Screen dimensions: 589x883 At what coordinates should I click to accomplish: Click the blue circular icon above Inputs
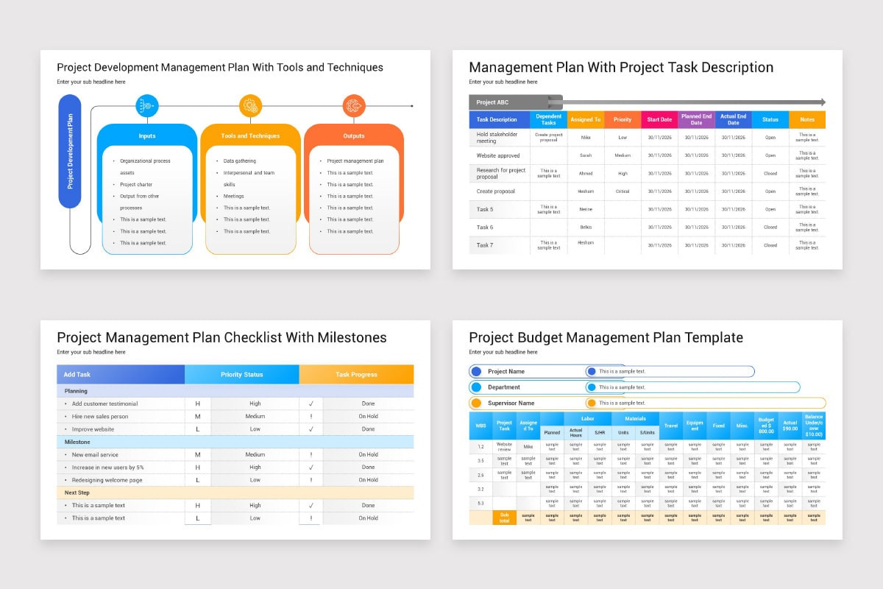click(147, 106)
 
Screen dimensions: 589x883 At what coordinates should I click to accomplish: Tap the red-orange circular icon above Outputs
click(354, 106)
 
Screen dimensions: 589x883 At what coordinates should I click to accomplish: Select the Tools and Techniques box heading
click(250, 136)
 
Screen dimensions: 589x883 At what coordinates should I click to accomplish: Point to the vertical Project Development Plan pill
click(70, 151)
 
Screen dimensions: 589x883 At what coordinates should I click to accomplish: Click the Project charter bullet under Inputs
click(136, 185)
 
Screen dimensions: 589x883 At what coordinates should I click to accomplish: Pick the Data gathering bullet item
click(240, 161)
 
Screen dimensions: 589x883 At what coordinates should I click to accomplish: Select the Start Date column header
click(659, 119)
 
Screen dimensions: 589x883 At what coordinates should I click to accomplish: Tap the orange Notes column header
click(806, 119)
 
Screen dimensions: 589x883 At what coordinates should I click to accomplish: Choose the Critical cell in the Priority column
click(623, 191)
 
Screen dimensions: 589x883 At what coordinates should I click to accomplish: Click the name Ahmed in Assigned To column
click(585, 174)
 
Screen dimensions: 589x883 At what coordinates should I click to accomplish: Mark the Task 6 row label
click(485, 228)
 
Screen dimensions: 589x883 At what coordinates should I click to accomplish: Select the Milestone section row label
click(77, 442)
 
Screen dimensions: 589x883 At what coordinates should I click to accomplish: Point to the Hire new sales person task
click(100, 417)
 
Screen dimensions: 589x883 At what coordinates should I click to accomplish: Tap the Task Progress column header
click(356, 375)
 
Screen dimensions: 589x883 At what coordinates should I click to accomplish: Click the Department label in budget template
click(503, 387)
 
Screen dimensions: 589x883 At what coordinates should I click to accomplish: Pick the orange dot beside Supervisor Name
click(476, 403)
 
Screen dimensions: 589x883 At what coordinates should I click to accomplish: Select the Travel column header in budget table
click(670, 426)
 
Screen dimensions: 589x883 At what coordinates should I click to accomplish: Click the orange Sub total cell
click(504, 517)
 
